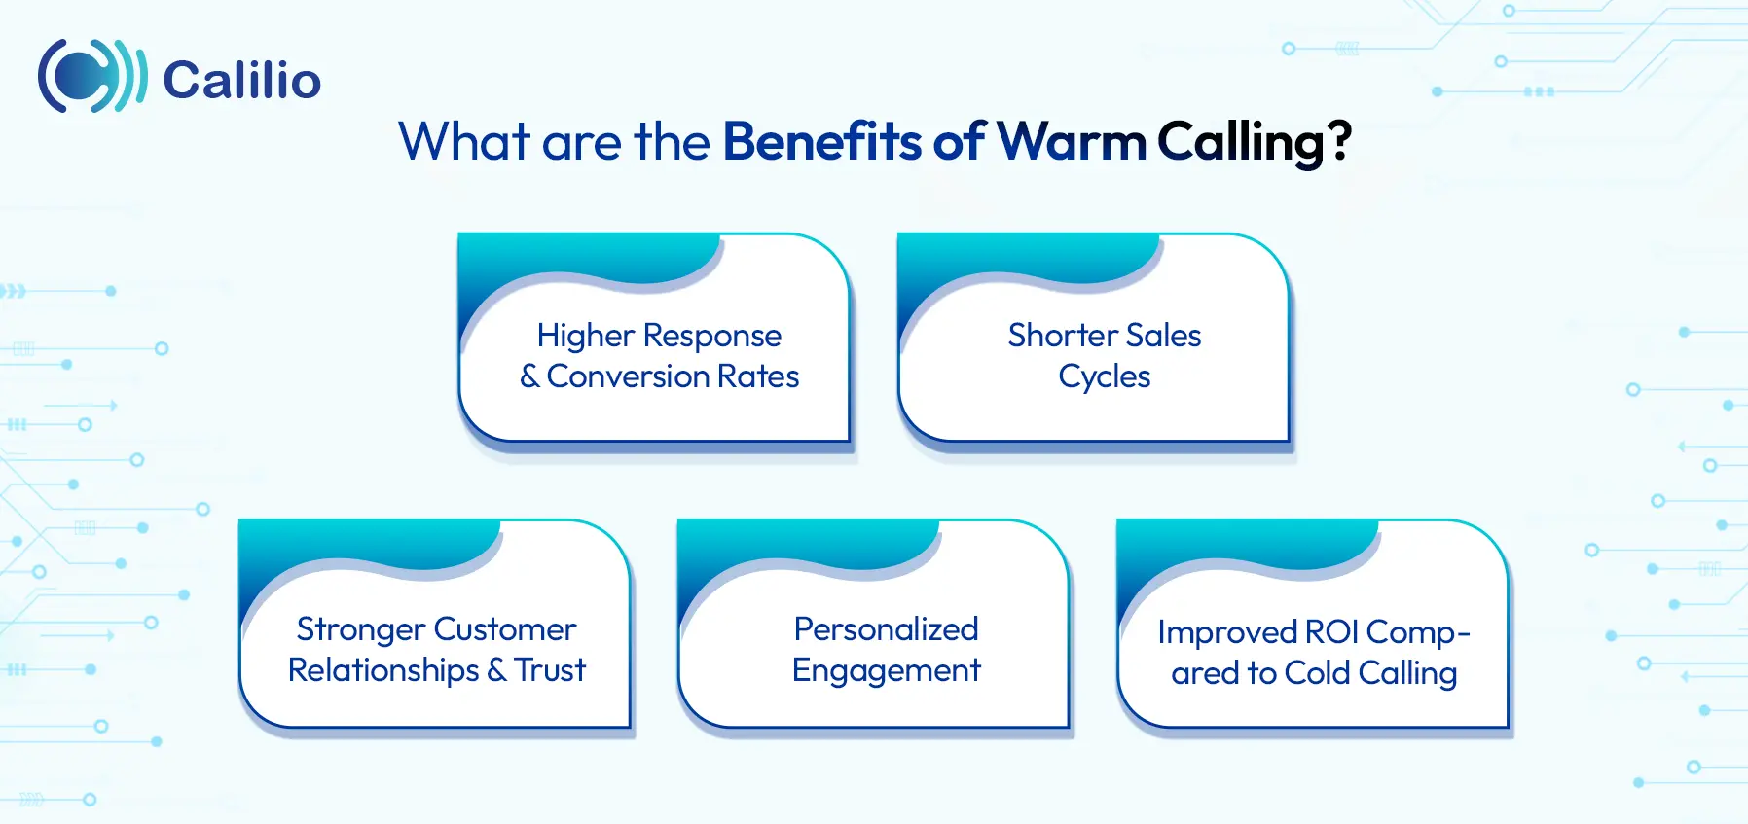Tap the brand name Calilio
[x=241, y=80]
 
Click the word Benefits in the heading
[x=823, y=142]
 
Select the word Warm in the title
[x=1072, y=142]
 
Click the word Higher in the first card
[x=585, y=336]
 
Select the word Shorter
[x=1063, y=336]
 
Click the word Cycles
[x=1104, y=377]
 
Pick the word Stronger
[x=360, y=630]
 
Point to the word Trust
[x=550, y=670]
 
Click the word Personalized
[x=886, y=629]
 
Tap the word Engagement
[x=886, y=671]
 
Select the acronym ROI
[x=1331, y=632]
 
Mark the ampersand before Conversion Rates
[x=529, y=376]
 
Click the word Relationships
[x=383, y=670]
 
